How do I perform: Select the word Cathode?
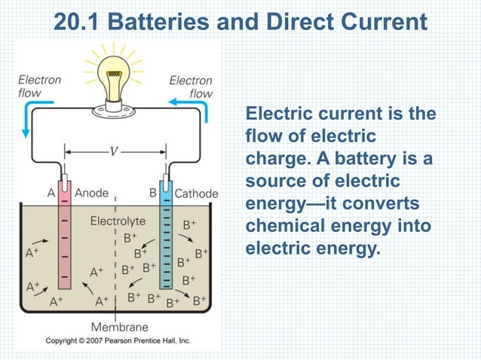pyautogui.click(x=196, y=194)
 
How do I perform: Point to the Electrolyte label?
pyautogui.click(x=118, y=221)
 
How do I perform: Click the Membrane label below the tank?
pyautogui.click(x=119, y=328)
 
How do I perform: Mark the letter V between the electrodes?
pyautogui.click(x=114, y=149)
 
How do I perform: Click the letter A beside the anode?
pyautogui.click(x=51, y=193)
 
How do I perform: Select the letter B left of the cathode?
pyautogui.click(x=152, y=193)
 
